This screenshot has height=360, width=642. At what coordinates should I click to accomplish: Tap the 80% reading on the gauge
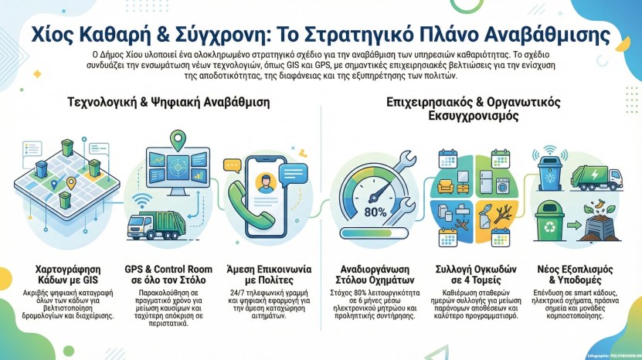pyautogui.click(x=375, y=212)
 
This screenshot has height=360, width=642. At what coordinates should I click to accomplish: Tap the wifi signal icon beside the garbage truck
pyautogui.click(x=141, y=203)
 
